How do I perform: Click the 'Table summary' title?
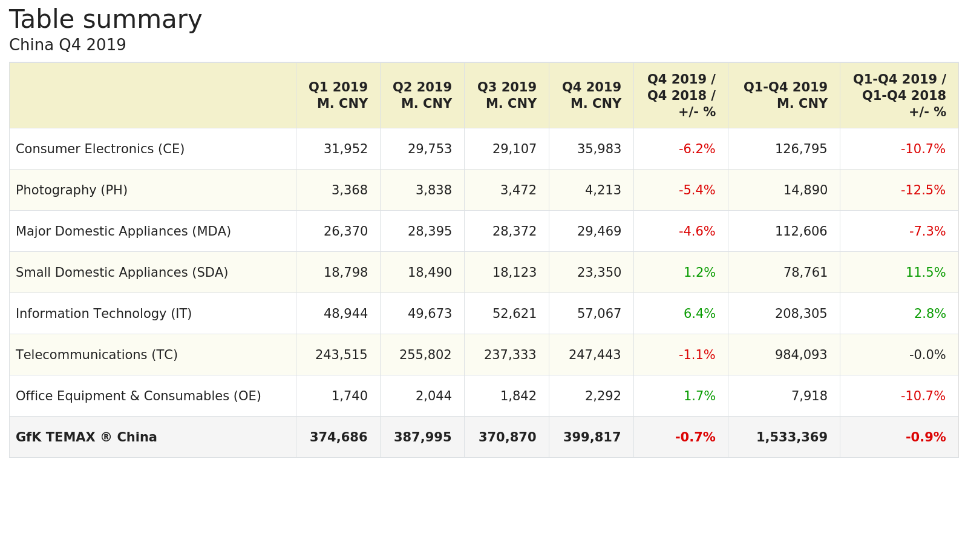pyautogui.click(x=105, y=20)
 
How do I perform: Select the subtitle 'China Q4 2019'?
pyautogui.click(x=68, y=45)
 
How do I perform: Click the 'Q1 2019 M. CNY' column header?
pyautogui.click(x=338, y=96)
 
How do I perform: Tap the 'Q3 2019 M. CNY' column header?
pyautogui.click(x=507, y=96)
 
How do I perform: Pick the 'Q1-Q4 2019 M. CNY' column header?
pyautogui.click(x=785, y=96)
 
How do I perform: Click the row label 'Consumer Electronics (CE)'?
pyautogui.click(x=100, y=149)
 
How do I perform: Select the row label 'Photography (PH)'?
pyautogui.click(x=71, y=190)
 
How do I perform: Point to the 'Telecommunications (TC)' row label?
pyautogui.click(x=97, y=355)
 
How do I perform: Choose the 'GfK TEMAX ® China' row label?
pyautogui.click(x=87, y=437)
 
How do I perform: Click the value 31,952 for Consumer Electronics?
pyautogui.click(x=345, y=149)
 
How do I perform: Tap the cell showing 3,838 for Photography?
pyautogui.click(x=433, y=190)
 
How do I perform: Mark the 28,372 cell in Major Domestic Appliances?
pyautogui.click(x=514, y=231)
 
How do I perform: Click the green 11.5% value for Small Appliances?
pyautogui.click(x=925, y=272)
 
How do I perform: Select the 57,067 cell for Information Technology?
pyautogui.click(x=599, y=314)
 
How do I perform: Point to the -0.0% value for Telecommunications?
pyautogui.click(x=927, y=355)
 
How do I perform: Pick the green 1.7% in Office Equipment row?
pyautogui.click(x=699, y=396)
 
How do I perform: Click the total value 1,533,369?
pyautogui.click(x=791, y=437)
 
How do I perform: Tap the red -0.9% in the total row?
pyautogui.click(x=925, y=437)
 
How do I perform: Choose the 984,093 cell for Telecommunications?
pyautogui.click(x=801, y=355)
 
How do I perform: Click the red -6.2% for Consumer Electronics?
pyautogui.click(x=697, y=149)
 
